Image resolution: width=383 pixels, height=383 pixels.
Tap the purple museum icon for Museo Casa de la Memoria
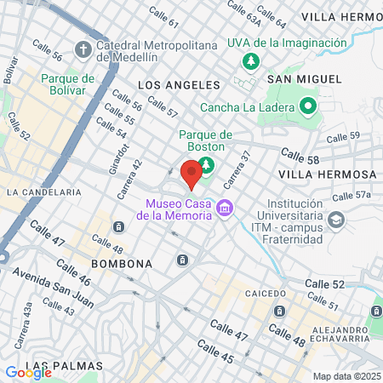point(225,207)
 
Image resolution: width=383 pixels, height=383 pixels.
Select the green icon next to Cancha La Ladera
point(307,107)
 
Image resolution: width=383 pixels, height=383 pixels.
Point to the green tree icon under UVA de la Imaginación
point(251,61)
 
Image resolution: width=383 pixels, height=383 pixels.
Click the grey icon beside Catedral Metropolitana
point(83,48)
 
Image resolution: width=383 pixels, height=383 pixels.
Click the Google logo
point(28,372)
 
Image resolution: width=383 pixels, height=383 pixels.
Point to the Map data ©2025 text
point(346,376)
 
